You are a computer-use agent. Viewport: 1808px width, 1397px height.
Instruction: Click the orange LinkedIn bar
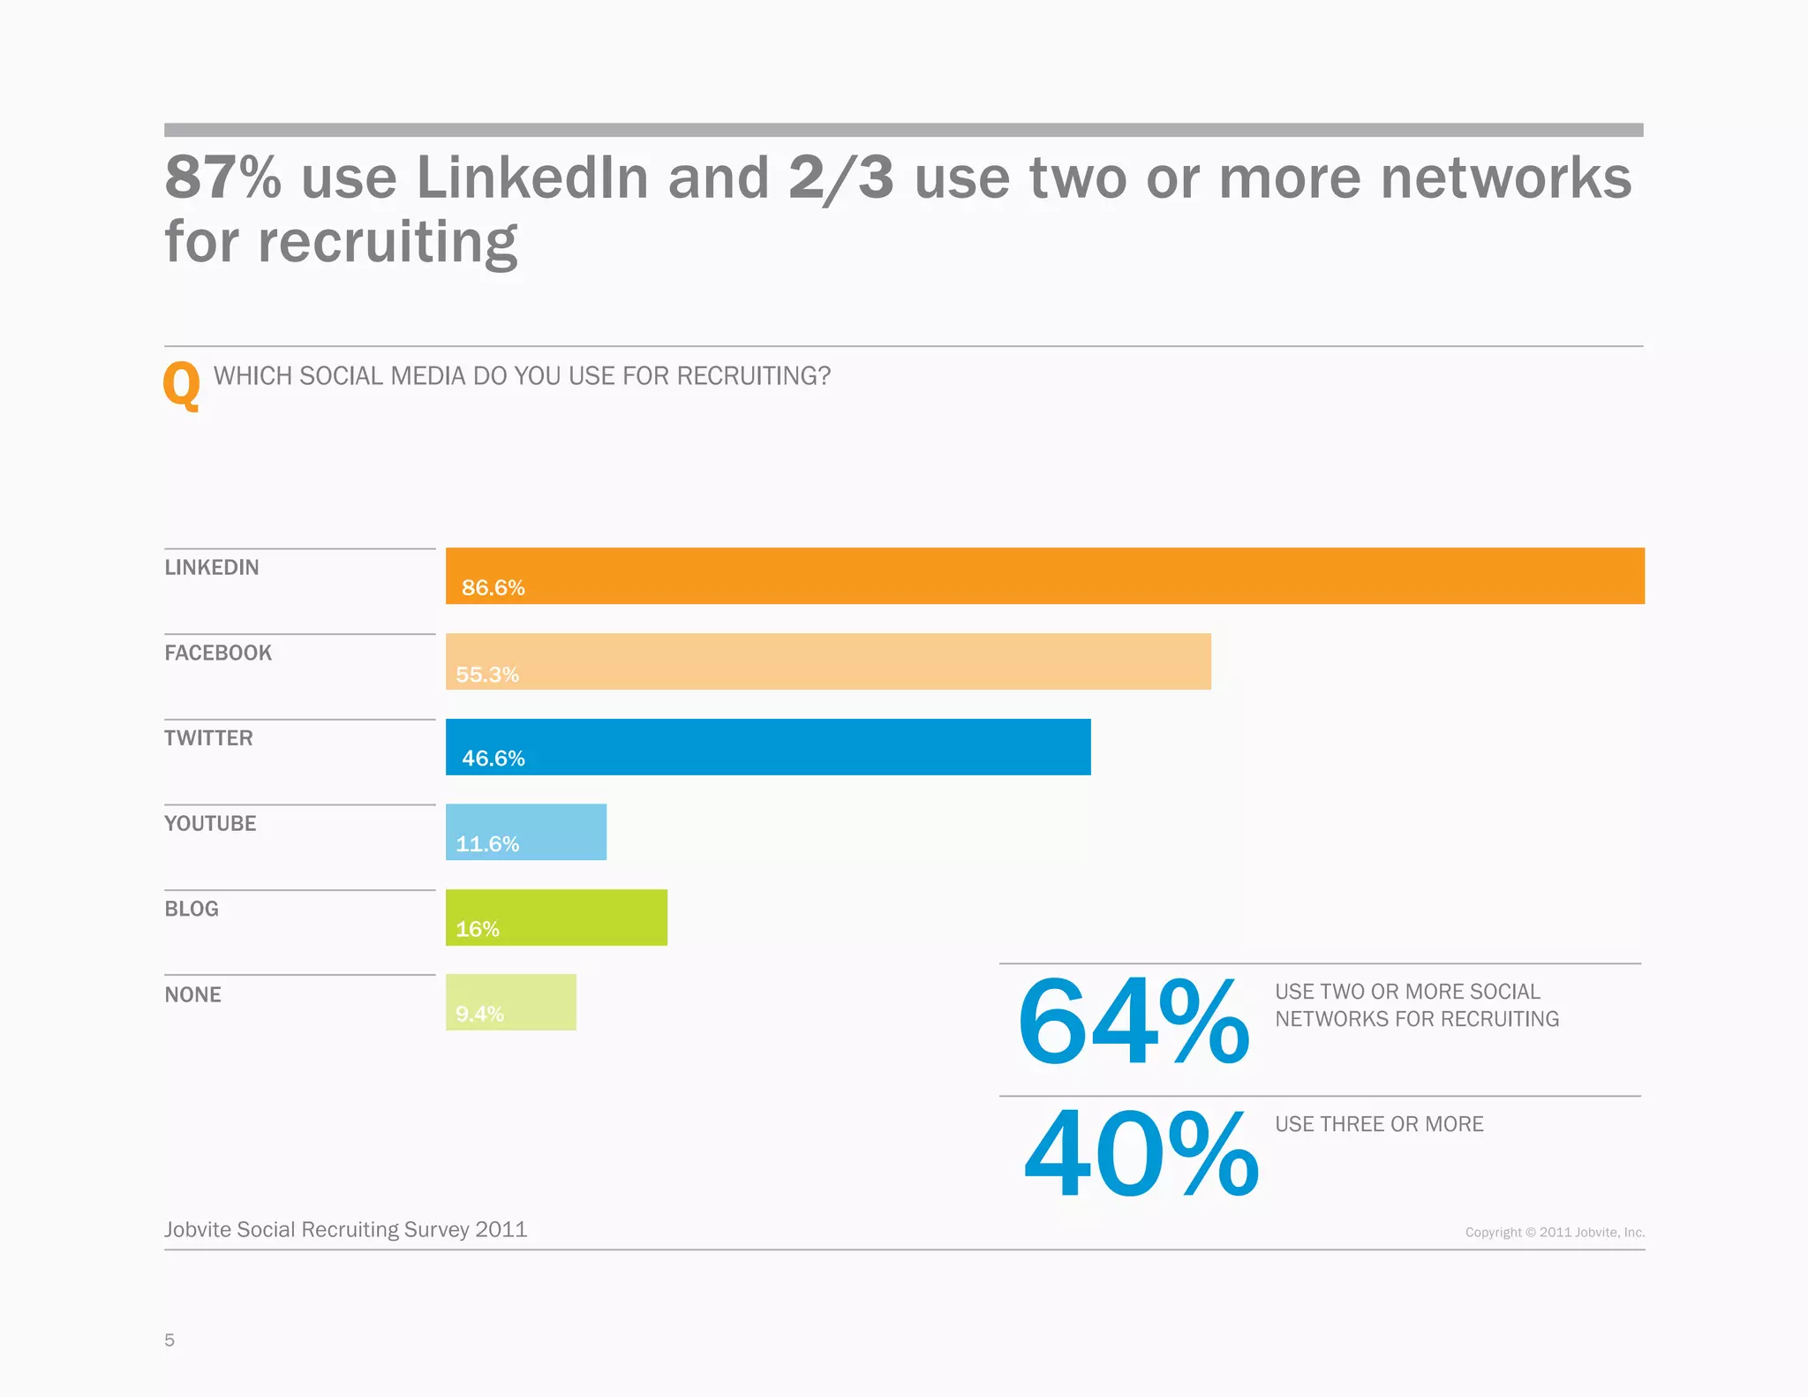tap(1044, 576)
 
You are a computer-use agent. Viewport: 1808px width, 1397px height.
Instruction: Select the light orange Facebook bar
tap(828, 661)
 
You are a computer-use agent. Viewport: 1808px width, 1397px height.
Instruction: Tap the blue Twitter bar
tap(768, 747)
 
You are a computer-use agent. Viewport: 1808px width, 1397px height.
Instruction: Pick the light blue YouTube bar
tap(526, 832)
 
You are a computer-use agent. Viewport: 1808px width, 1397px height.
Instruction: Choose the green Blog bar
tap(556, 917)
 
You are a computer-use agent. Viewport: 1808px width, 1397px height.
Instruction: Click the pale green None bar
tap(510, 1002)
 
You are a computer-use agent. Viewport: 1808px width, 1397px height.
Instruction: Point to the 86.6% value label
tap(493, 588)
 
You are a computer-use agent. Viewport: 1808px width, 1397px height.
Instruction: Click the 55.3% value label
tap(486, 675)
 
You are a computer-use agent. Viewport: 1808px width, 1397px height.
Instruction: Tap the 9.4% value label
tap(479, 1014)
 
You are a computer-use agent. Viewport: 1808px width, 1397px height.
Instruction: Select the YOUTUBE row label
tap(210, 824)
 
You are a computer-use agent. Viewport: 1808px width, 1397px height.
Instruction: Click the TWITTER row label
tap(208, 738)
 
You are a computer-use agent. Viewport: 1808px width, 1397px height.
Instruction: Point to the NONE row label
tap(192, 995)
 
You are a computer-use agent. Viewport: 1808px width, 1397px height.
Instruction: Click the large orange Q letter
tap(182, 386)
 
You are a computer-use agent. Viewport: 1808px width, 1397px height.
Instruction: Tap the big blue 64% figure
tap(1133, 1023)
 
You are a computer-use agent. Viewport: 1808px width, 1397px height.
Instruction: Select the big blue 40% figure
tap(1140, 1155)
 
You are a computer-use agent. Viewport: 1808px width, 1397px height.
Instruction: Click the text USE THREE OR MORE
tap(1378, 1124)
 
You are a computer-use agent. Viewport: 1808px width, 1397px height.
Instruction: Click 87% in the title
tap(222, 177)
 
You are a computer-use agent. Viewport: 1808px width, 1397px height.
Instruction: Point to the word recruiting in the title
tap(387, 242)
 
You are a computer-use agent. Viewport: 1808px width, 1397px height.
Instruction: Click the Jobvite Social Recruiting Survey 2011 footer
tap(345, 1229)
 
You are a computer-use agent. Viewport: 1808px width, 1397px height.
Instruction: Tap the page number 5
tap(169, 1340)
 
